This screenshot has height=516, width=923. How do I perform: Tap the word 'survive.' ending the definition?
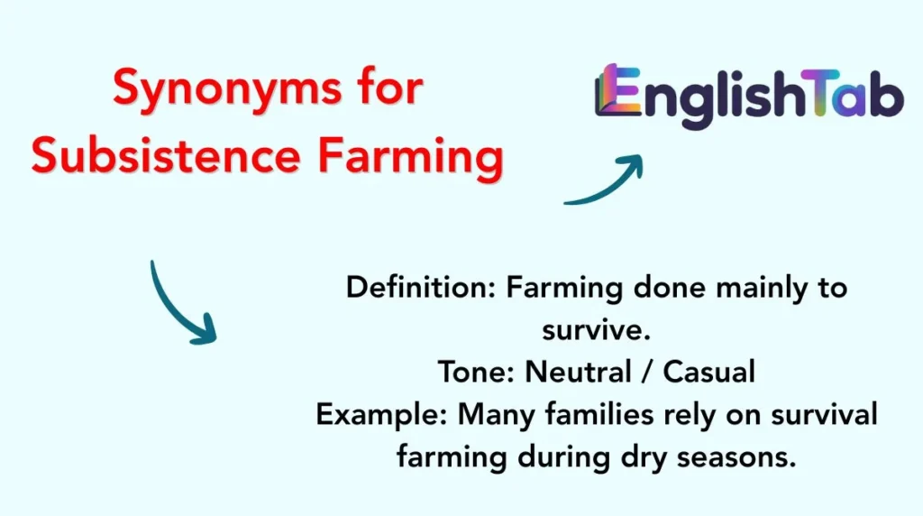coord(596,329)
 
